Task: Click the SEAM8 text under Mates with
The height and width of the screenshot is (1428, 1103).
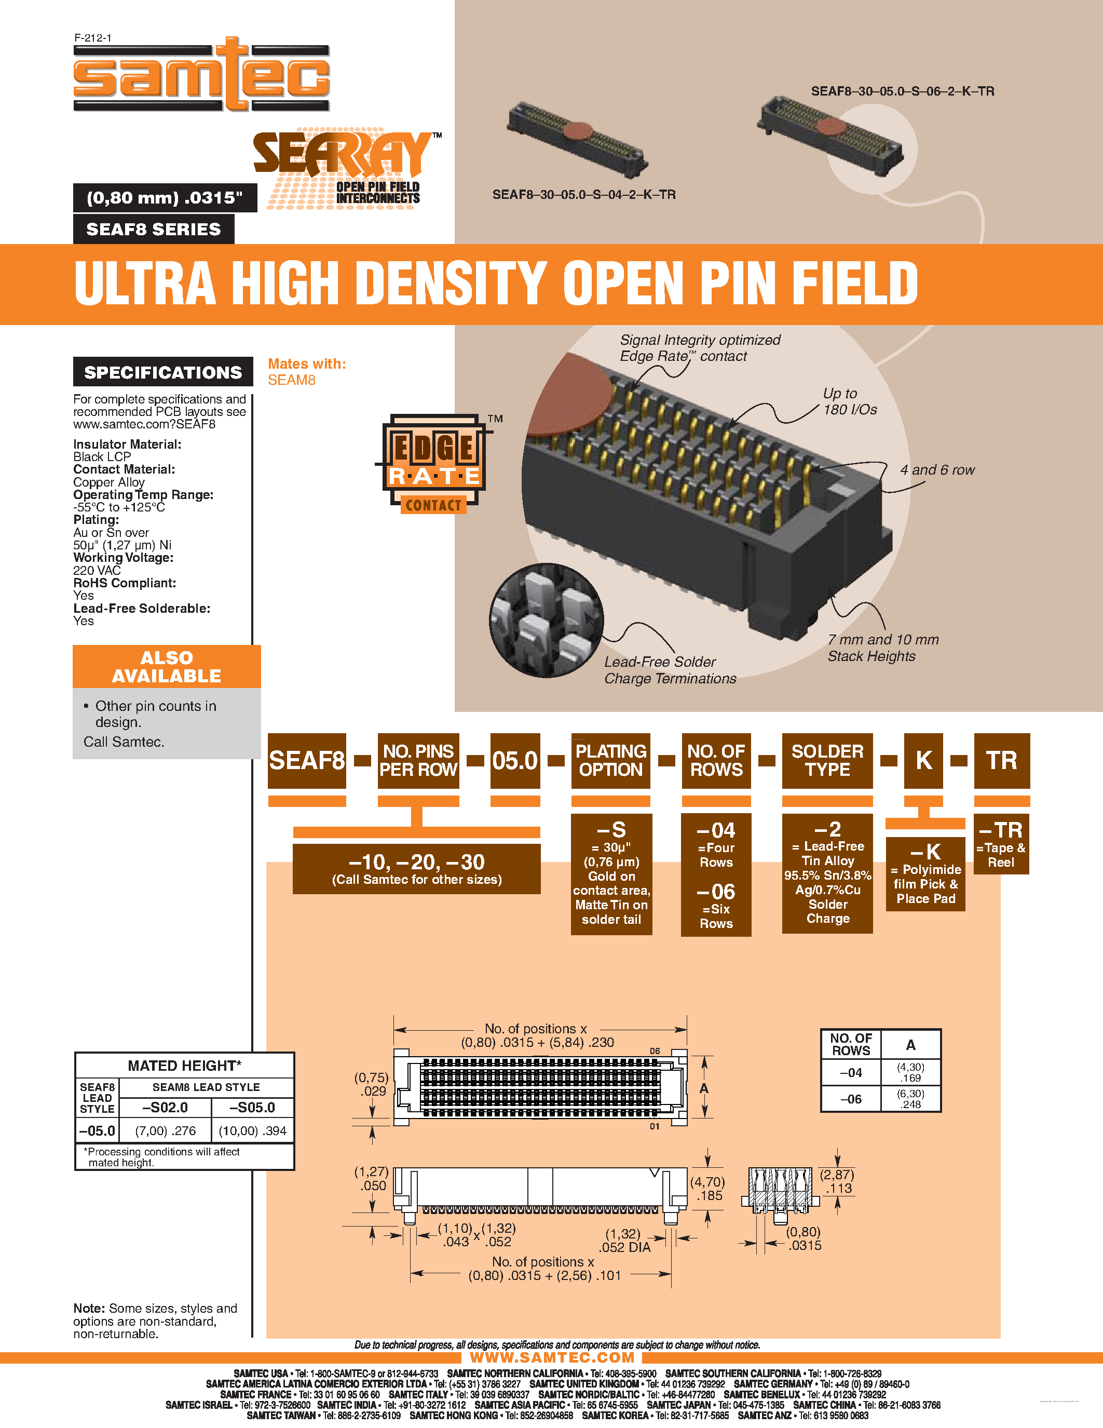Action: pyautogui.click(x=291, y=380)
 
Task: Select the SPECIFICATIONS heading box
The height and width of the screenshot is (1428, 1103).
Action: pyautogui.click(x=162, y=372)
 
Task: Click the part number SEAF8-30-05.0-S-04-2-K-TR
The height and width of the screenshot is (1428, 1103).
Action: pyautogui.click(x=583, y=194)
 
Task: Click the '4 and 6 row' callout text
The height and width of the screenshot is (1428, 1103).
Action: pyautogui.click(x=936, y=469)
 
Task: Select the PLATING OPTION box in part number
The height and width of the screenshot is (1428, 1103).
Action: pyautogui.click(x=610, y=760)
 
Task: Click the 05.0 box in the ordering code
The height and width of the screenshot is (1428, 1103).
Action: pyautogui.click(x=515, y=760)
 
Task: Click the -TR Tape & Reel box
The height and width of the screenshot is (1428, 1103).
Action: pyautogui.click(x=1001, y=843)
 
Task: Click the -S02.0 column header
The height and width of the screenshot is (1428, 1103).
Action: pyautogui.click(x=165, y=1107)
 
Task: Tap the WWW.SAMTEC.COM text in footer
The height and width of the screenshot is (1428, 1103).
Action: pyautogui.click(x=552, y=1357)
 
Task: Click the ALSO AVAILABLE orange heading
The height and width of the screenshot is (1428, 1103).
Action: pyautogui.click(x=167, y=666)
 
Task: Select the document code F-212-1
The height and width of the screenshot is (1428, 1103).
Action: pyautogui.click(x=93, y=38)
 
